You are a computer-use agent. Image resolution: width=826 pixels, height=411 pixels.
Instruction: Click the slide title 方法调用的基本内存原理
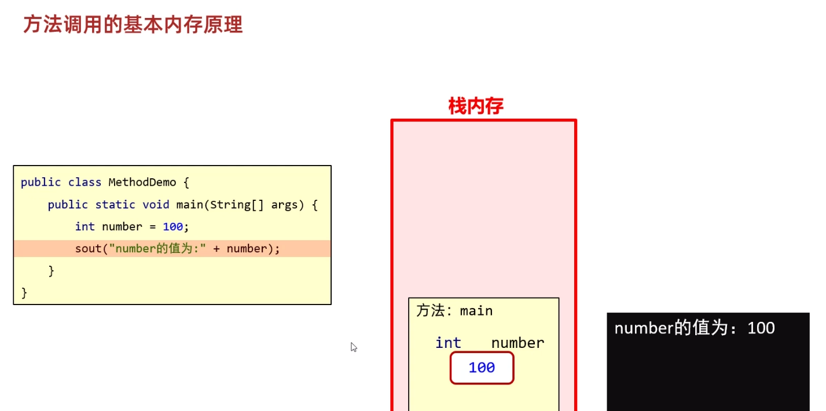[x=133, y=25]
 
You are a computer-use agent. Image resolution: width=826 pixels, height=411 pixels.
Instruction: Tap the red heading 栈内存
[x=476, y=106]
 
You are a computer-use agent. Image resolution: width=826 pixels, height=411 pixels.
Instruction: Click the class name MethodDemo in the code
[x=142, y=182]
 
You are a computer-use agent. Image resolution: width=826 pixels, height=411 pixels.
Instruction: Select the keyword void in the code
[x=156, y=204]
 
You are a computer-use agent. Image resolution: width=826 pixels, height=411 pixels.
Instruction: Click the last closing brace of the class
[x=24, y=292]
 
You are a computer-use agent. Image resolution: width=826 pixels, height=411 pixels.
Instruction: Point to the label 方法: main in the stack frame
[x=454, y=311]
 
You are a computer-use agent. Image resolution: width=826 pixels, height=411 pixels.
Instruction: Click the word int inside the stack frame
[x=448, y=343]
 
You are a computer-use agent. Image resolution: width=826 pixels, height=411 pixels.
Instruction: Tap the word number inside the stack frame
[x=517, y=343]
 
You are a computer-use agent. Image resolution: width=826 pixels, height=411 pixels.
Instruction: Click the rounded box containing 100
[x=482, y=368]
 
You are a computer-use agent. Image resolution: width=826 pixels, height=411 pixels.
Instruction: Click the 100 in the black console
[x=761, y=328]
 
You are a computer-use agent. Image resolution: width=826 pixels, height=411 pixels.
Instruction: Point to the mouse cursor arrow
[x=353, y=347]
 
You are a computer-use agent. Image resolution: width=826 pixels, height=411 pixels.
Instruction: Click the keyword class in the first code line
[x=85, y=182]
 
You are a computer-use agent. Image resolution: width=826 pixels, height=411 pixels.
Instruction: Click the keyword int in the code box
[x=85, y=226]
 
